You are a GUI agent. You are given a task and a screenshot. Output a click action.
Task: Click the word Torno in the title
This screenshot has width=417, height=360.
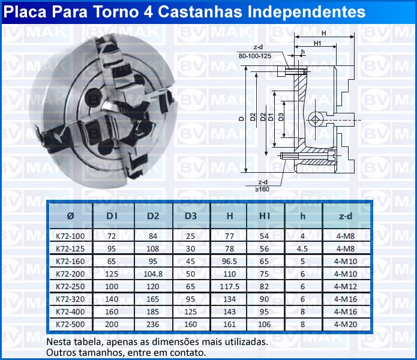click(115, 12)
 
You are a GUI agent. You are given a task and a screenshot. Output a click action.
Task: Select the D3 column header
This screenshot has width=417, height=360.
click(191, 216)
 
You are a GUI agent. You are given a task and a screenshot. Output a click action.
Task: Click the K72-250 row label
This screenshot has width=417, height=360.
click(70, 287)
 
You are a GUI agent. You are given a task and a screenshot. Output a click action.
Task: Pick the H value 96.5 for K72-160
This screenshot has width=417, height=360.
click(229, 262)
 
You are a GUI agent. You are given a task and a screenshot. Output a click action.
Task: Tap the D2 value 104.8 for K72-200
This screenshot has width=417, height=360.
click(153, 274)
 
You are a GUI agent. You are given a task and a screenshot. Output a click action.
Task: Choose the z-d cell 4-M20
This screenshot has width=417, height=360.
click(346, 325)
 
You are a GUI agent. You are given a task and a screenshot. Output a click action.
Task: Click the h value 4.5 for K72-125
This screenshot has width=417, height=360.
click(302, 249)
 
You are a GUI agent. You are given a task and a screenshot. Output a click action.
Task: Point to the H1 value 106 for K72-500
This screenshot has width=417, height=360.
click(264, 325)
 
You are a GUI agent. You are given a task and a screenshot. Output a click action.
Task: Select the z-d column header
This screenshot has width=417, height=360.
click(346, 216)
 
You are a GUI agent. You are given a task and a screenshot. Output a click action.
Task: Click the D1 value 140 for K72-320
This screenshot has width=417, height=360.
click(112, 299)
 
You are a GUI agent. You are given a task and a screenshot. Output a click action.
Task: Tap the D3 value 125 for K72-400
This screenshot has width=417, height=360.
click(190, 311)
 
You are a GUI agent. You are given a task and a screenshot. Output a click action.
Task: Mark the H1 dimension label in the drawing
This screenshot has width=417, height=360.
click(317, 43)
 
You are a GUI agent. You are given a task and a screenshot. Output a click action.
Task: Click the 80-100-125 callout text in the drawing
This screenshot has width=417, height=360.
click(255, 56)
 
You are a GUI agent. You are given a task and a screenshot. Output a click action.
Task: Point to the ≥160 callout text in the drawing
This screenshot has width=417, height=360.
click(262, 190)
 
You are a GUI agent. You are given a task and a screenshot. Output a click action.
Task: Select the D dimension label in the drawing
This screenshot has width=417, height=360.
click(241, 119)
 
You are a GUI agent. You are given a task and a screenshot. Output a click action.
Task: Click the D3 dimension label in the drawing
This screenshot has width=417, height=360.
click(281, 117)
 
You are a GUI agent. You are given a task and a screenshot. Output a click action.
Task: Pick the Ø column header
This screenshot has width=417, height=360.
click(70, 216)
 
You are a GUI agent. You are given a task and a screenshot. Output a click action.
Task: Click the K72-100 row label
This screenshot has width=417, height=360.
click(70, 236)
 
